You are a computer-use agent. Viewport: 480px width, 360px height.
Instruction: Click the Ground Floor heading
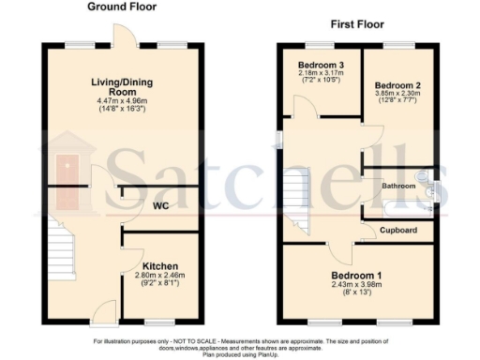pos(122,7)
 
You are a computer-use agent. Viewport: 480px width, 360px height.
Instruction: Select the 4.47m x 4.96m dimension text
pos(122,101)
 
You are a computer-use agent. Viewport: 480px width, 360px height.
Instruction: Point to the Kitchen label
pos(161,265)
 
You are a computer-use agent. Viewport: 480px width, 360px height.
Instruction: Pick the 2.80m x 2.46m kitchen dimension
pos(161,276)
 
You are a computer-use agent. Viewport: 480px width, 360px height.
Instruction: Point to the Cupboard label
pos(397,229)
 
